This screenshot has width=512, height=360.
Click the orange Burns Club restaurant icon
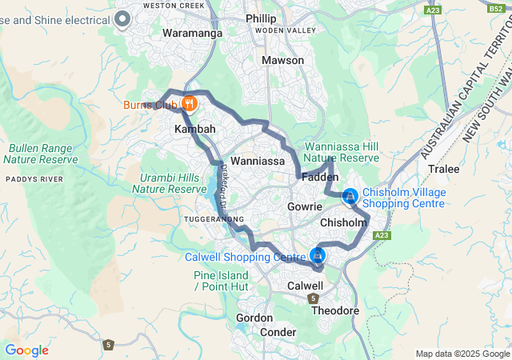click(x=190, y=103)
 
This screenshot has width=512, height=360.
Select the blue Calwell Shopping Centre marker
click(x=318, y=255)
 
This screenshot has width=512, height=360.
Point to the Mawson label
click(x=283, y=60)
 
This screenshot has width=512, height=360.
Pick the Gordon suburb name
click(x=255, y=318)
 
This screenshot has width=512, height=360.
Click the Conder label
click(x=278, y=332)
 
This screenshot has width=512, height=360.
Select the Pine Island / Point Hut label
click(x=221, y=281)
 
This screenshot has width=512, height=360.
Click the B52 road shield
click(x=495, y=9)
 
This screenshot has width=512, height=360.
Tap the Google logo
click(x=26, y=350)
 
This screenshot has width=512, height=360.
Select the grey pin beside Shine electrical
click(x=122, y=18)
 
